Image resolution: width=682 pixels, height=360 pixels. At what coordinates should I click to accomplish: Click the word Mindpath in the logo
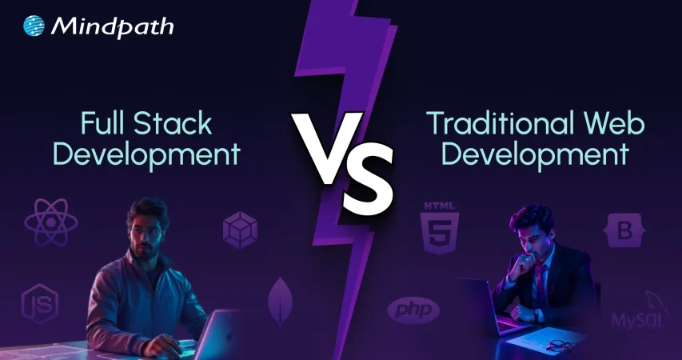(x=112, y=27)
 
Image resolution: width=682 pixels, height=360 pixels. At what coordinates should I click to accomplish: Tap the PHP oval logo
(x=413, y=310)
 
